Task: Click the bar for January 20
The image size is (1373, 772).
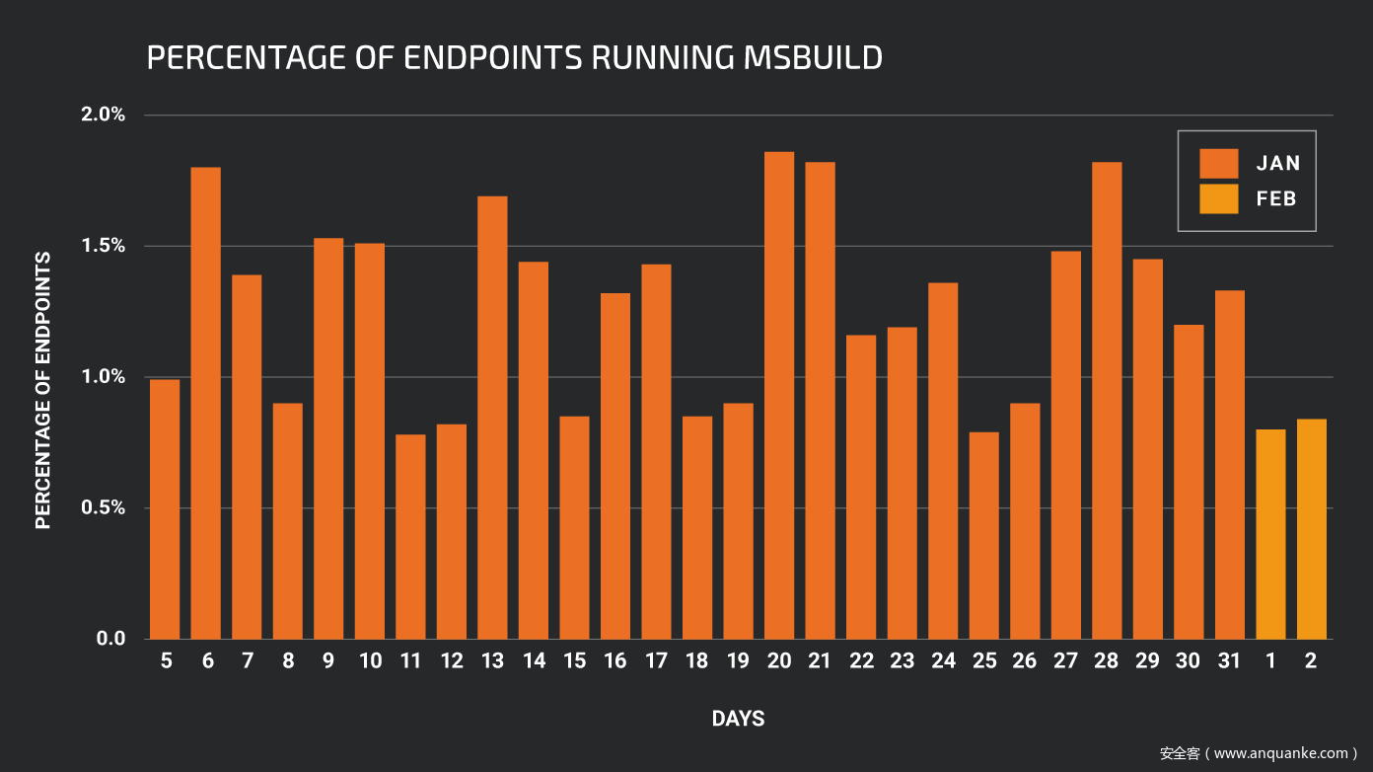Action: [x=779, y=395]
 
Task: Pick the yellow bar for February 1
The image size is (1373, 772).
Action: [x=1270, y=534]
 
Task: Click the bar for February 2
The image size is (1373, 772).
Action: [x=1312, y=529]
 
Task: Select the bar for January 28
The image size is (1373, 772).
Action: [x=1107, y=400]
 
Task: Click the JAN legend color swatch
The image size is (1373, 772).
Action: [x=1218, y=163]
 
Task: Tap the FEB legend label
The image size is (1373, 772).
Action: [x=1276, y=198]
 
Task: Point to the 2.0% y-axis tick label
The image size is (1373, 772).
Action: [x=103, y=115]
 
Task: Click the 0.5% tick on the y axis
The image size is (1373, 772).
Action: [x=103, y=507]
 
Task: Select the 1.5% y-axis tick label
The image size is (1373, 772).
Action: [x=103, y=246]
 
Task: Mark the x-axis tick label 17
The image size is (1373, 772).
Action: [x=656, y=661]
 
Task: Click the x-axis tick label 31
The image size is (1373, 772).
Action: [x=1229, y=661]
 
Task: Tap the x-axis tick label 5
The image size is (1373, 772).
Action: [x=166, y=661]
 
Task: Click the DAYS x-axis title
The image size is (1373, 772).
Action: [x=738, y=719]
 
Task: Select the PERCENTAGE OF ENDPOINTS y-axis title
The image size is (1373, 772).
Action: [x=43, y=390]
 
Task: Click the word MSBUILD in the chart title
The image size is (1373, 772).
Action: [x=809, y=57]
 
